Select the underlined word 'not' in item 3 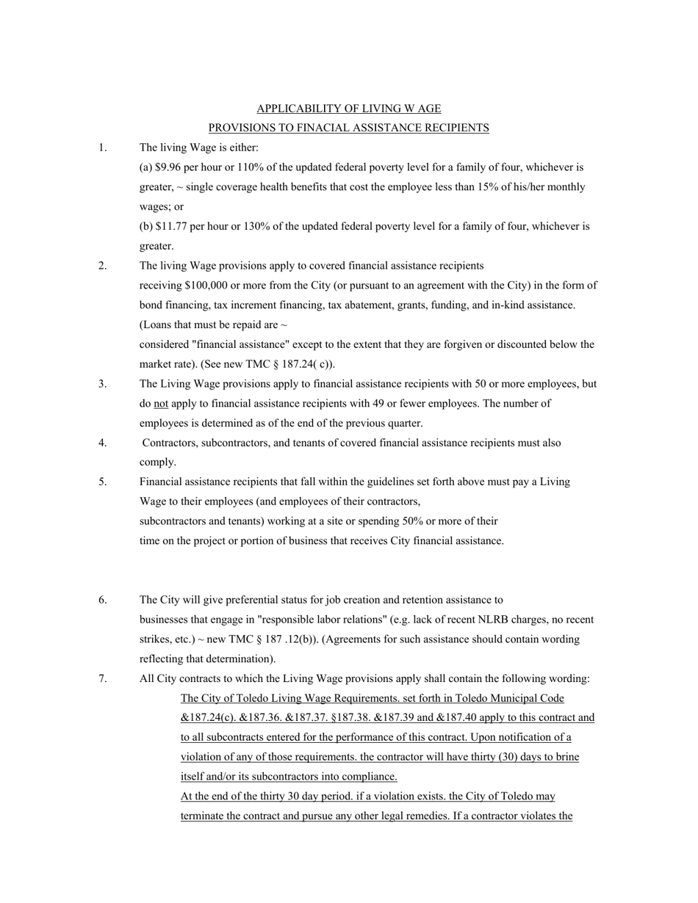tap(161, 403)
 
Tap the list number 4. tap(103, 443)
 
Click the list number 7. tap(103, 678)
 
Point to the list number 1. tap(103, 148)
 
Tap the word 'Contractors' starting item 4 tap(170, 443)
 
